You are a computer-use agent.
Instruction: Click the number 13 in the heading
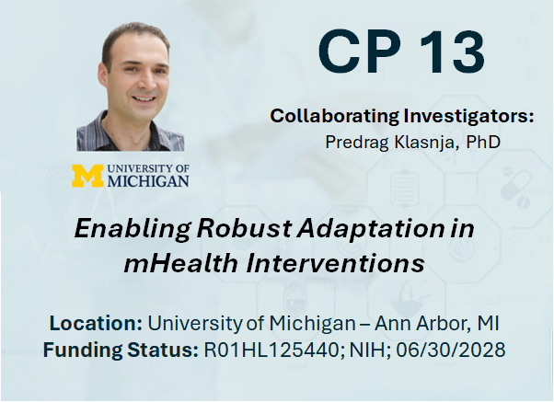452,52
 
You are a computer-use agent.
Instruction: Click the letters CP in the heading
360,52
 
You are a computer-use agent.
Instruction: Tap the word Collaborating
334,116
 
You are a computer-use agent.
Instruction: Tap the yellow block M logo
87,176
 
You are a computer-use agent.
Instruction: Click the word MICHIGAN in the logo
148,180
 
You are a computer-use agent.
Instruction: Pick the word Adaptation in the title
370,229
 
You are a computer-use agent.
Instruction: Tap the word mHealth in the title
180,263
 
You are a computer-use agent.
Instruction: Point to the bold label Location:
96,323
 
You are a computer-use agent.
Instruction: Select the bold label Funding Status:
121,350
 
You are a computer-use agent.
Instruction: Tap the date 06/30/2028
451,350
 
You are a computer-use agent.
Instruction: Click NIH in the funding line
370,350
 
